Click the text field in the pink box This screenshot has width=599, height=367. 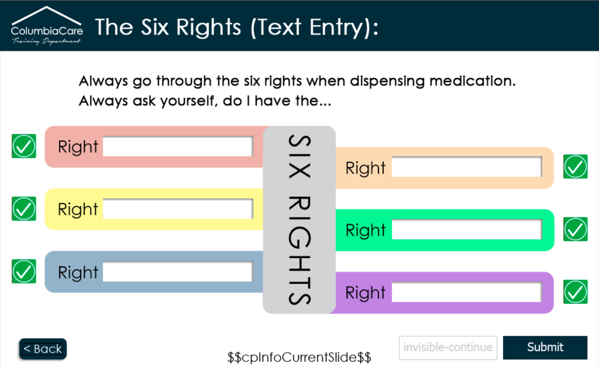178,146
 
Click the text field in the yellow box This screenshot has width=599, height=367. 178,209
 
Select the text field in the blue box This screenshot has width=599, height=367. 178,272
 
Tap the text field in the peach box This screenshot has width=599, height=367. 467,167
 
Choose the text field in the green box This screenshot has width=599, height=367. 467,229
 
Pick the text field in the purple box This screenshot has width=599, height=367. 467,292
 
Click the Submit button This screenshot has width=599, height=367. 545,347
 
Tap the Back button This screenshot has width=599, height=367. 43,349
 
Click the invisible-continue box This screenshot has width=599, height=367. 448,348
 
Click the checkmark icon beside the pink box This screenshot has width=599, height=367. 24,146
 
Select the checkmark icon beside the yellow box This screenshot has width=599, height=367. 24,209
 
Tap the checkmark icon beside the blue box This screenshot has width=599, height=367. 24,271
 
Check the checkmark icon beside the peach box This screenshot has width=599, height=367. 575,167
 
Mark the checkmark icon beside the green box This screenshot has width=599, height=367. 575,229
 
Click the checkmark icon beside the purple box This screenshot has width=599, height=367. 575,292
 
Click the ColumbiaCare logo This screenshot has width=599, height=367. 47,26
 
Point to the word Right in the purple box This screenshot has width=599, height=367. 365,293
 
